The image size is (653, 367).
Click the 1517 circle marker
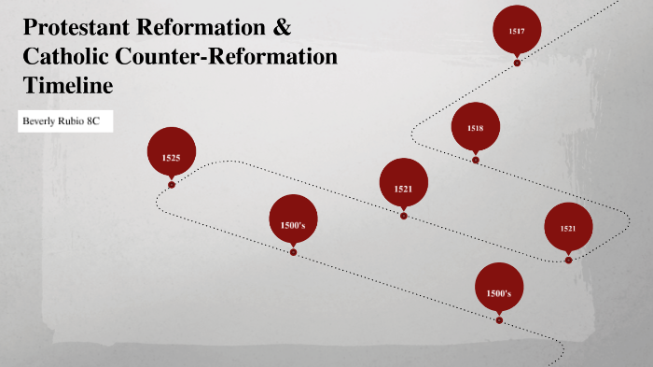pos(517,30)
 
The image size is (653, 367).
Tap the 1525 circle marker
pos(171,157)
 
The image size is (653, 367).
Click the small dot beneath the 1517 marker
pos(517,63)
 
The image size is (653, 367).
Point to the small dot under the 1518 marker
pos(476,160)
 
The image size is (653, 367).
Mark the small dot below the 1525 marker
pos(172,185)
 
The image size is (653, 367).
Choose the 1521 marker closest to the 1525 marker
pos(403,188)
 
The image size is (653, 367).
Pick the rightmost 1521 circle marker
pos(568,228)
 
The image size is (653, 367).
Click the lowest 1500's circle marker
pos(498,293)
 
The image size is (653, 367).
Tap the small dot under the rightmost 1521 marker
pos(568,261)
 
